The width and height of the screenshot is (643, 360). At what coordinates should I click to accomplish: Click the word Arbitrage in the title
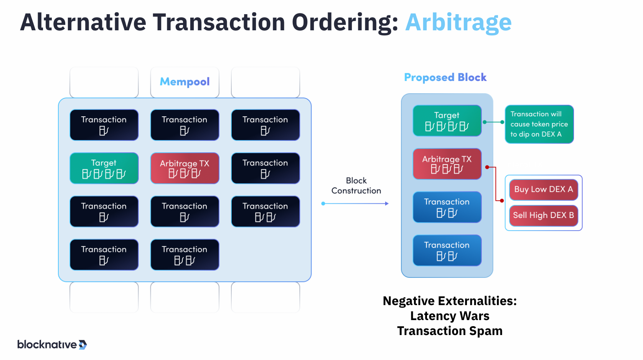(458, 22)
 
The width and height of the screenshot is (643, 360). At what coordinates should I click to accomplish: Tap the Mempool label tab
(185, 82)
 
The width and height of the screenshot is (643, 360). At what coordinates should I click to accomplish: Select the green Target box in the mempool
(104, 168)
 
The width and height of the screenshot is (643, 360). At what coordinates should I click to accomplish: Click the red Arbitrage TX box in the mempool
(185, 168)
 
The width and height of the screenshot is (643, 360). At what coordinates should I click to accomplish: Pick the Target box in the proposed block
(447, 121)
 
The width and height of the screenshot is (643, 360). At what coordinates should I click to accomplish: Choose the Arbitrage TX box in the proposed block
(447, 164)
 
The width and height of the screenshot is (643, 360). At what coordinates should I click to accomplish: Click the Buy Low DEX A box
(543, 190)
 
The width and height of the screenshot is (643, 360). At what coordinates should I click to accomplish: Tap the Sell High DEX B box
(543, 215)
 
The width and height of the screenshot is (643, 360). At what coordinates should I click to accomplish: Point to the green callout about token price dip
(539, 124)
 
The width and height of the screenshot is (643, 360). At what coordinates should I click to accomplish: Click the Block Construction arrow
(356, 203)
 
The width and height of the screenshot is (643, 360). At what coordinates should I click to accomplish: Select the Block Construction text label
(356, 186)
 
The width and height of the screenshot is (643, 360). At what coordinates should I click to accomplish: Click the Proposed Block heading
(445, 78)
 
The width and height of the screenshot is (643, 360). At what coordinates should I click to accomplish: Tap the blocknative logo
(52, 345)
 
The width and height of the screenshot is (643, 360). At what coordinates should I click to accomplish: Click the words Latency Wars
(450, 316)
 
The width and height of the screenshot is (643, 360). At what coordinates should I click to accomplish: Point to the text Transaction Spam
(450, 331)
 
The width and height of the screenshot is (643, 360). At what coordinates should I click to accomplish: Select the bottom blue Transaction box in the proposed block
(447, 250)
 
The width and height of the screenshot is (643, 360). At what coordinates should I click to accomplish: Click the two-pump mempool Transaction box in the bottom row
(185, 255)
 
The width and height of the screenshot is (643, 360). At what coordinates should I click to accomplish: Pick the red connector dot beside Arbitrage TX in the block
(487, 167)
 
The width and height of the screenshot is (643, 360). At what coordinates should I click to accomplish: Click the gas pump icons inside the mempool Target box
(104, 175)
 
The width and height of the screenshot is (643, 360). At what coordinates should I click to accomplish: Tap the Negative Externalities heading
(450, 301)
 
